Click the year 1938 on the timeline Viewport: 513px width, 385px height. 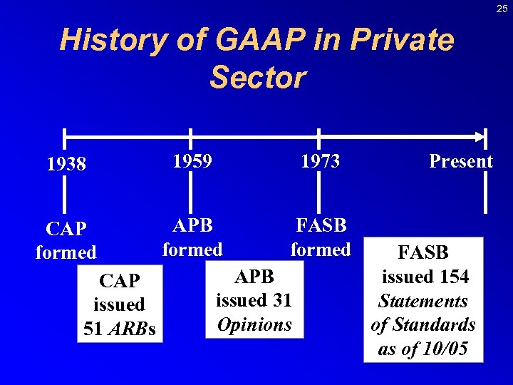66,165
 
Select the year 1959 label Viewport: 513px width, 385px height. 192,162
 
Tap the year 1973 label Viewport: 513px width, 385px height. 320,162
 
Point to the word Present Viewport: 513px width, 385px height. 461,162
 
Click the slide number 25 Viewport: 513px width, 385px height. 502,9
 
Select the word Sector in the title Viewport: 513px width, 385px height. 257,77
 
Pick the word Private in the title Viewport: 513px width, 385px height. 403,41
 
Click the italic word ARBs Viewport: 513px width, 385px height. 137,329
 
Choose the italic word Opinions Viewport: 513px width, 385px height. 254,325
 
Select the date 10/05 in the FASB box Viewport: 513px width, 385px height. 447,349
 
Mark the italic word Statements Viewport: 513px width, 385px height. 423,301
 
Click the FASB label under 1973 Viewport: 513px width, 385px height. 321,226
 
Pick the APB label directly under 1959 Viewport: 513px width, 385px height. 192,226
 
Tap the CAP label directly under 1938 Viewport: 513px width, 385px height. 66,229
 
